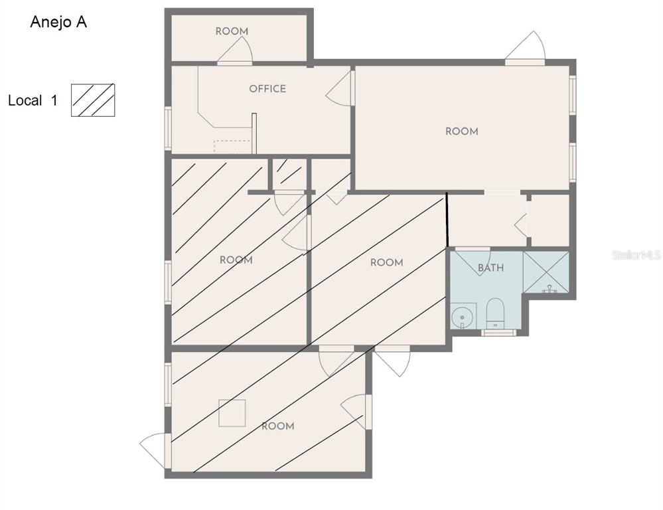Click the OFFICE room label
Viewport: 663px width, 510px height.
pyautogui.click(x=267, y=89)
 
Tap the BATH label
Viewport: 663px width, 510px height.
pyautogui.click(x=490, y=268)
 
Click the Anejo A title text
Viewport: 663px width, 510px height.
pyautogui.click(x=58, y=22)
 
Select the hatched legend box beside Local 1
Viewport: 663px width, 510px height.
pyautogui.click(x=93, y=100)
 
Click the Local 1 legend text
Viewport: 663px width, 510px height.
pyautogui.click(x=33, y=101)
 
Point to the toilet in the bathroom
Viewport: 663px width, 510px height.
pyautogui.click(x=496, y=312)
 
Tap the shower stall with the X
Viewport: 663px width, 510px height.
pyautogui.click(x=546, y=272)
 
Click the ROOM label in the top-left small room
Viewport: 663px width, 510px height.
pyautogui.click(x=232, y=31)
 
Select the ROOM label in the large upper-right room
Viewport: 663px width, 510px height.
pyautogui.click(x=461, y=131)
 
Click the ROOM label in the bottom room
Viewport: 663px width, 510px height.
pyautogui.click(x=277, y=426)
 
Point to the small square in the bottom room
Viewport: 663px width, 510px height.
pyautogui.click(x=232, y=412)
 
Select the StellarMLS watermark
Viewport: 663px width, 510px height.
pyautogui.click(x=636, y=255)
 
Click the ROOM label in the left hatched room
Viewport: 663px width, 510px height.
pyautogui.click(x=236, y=260)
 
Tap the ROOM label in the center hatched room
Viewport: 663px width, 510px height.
pyautogui.click(x=386, y=263)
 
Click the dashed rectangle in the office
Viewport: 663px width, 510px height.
pyautogui.click(x=232, y=146)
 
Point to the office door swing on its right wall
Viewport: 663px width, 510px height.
pyautogui.click(x=340, y=89)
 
